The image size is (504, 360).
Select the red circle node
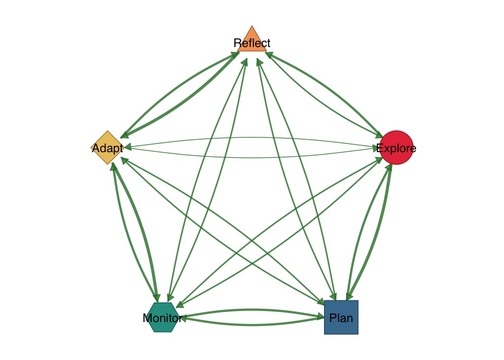(396, 147)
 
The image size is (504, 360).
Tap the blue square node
(341, 317)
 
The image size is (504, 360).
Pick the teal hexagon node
(164, 317)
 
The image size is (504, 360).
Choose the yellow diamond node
(108, 147)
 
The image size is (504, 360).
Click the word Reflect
(252, 43)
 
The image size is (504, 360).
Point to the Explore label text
(396, 148)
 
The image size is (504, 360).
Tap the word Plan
(341, 318)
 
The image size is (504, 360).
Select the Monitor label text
(162, 318)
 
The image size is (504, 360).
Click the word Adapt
(108, 148)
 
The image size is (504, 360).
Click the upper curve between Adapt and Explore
(252, 138)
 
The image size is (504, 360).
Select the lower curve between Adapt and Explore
(252, 157)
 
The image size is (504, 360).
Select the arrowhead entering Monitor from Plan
(184, 318)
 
